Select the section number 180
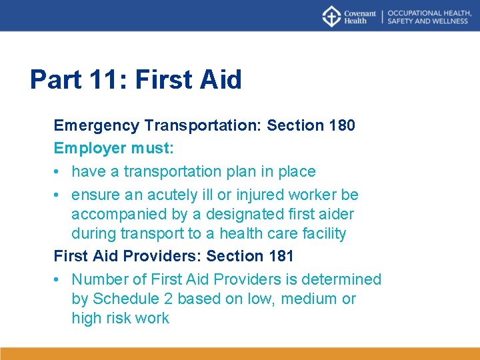coord(341,125)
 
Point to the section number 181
coord(280,256)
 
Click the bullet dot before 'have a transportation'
coord(58,172)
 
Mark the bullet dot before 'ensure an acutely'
coord(58,195)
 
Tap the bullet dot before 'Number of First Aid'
coord(58,280)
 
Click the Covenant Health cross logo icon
coord(331,16)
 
